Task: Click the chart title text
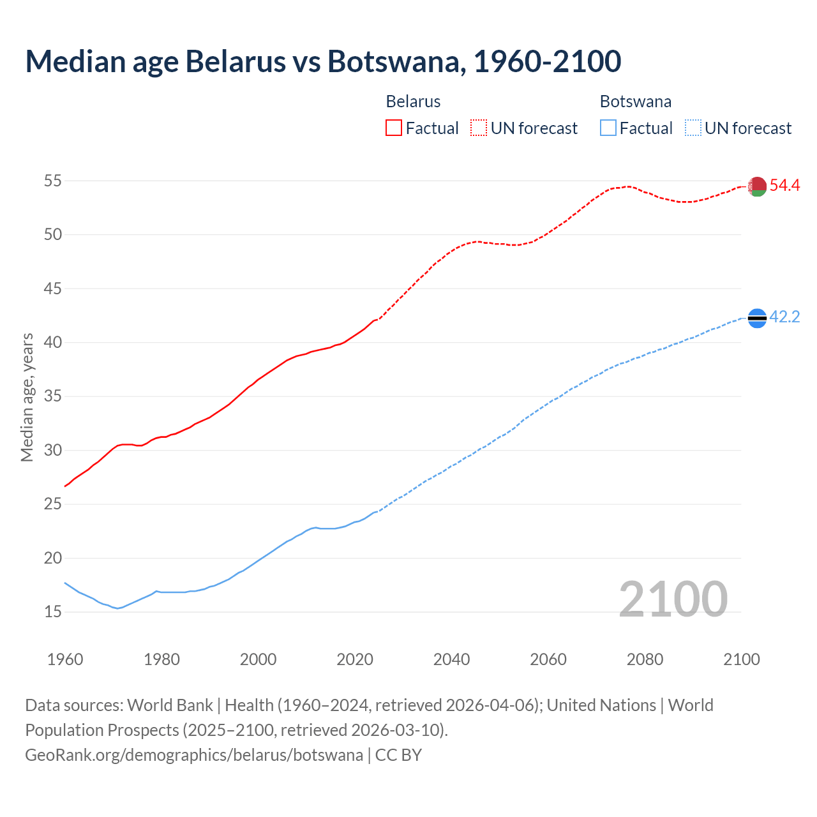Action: [323, 61]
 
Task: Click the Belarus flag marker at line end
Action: [757, 186]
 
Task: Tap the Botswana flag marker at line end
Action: [757, 318]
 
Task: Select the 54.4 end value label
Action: [784, 186]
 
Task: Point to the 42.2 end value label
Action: [784, 317]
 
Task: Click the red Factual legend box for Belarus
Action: [394, 128]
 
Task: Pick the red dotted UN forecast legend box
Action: [479, 128]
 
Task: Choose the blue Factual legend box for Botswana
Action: [608, 128]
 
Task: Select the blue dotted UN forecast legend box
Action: [693, 128]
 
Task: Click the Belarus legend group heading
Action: [413, 101]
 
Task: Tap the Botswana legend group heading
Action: [635, 101]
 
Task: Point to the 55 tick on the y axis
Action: [53, 181]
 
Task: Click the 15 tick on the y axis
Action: [53, 612]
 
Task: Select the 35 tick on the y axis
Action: [53, 396]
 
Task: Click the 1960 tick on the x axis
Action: [65, 659]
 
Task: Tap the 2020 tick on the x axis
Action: [355, 659]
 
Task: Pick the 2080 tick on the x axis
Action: [645, 659]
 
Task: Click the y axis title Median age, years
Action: [27, 397]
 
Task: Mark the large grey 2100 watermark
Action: [673, 599]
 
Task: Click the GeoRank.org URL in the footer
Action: [194, 754]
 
